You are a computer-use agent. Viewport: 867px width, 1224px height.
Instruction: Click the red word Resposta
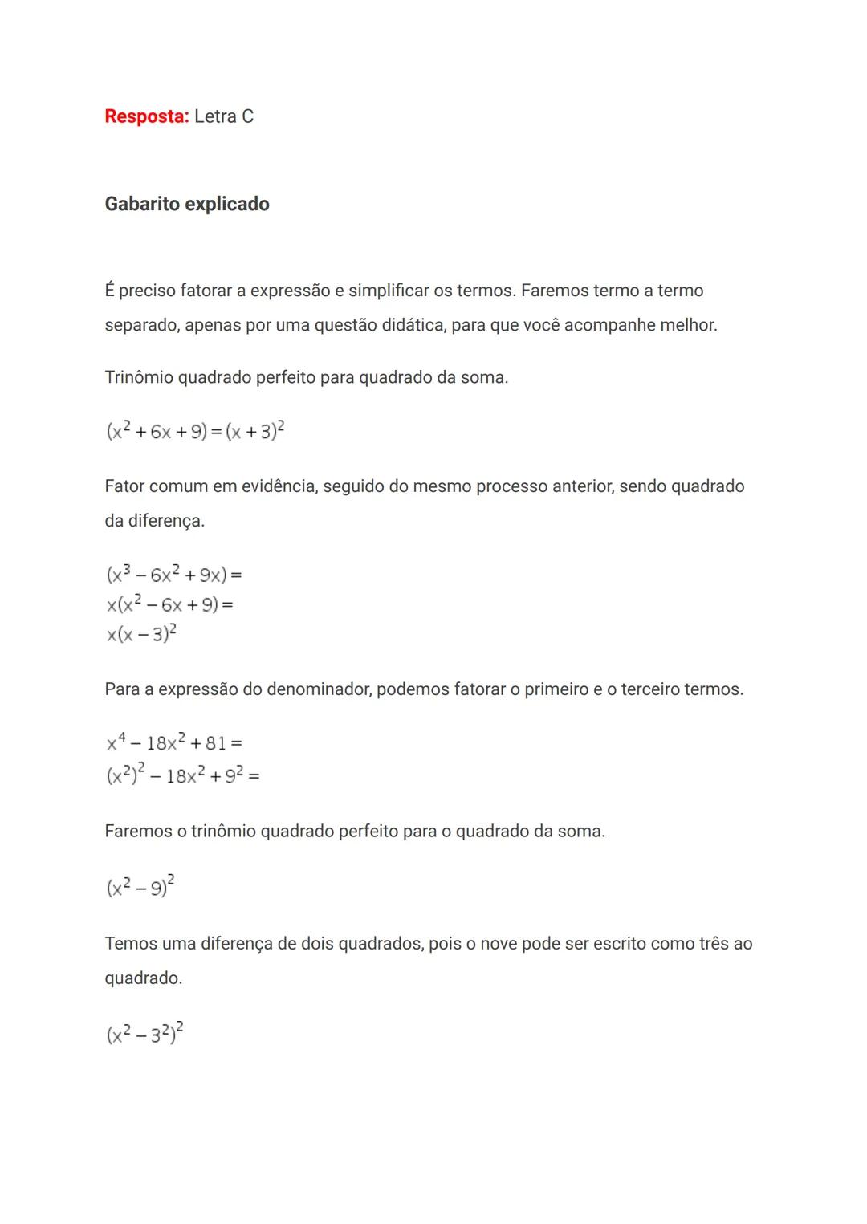tap(146, 116)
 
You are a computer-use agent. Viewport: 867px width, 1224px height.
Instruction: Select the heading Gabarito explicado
tap(187, 204)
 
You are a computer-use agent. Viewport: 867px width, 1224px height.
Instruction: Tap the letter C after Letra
tap(247, 116)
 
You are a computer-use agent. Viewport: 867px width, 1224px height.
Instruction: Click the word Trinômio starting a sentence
tap(138, 377)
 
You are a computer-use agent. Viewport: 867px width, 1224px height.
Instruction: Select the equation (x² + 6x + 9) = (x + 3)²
tap(195, 431)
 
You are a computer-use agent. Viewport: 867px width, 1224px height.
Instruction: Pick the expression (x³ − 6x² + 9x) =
tap(173, 574)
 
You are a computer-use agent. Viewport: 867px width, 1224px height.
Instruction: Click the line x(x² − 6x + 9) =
tap(169, 604)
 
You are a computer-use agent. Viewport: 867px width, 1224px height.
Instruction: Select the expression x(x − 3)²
tap(141, 634)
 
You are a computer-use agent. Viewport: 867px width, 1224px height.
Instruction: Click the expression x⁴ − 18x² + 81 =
tap(174, 742)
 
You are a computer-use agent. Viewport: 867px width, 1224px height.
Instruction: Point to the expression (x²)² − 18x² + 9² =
tap(182, 775)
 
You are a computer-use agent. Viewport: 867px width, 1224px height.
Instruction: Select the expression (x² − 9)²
tap(140, 886)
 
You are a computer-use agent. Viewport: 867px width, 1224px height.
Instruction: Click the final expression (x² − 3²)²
tap(144, 1033)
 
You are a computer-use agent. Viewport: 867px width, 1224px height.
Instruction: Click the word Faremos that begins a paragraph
tap(138, 831)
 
